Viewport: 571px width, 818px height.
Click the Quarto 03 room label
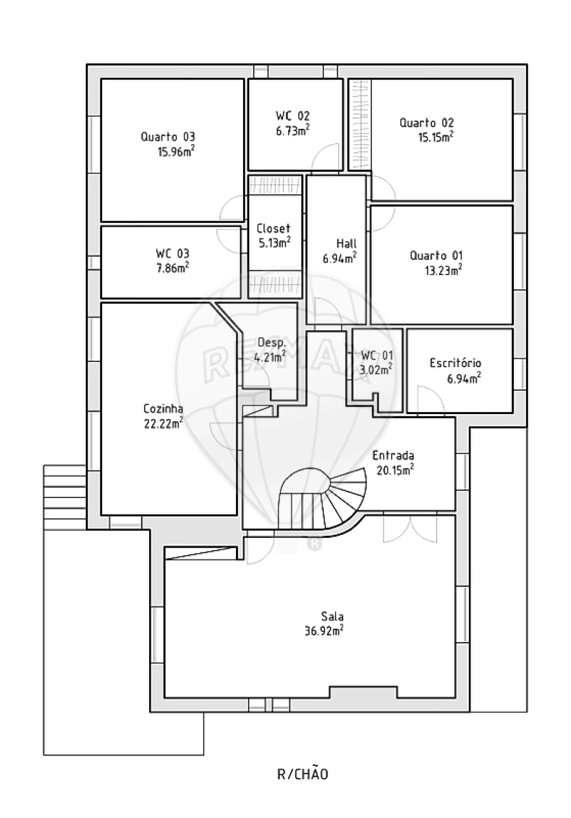[x=168, y=137]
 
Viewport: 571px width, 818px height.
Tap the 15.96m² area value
[x=176, y=151]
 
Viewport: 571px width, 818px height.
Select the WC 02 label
[x=292, y=116]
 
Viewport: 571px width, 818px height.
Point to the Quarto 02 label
[x=426, y=123]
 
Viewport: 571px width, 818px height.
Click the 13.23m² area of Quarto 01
[x=443, y=271]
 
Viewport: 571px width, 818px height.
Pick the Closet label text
[x=273, y=229]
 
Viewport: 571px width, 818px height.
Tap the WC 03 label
[x=173, y=253]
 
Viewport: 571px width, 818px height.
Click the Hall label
[x=346, y=243]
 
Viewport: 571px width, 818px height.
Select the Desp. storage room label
[x=272, y=342]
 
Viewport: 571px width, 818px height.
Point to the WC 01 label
[x=377, y=355]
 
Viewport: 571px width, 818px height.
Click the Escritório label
[x=456, y=363]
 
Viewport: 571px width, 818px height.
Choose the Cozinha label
[x=163, y=408]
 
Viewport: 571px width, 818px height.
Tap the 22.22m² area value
[x=164, y=424]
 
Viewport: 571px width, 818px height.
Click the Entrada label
[x=393, y=455]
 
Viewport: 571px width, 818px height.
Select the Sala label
[x=332, y=617]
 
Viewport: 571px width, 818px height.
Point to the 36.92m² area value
[x=324, y=631]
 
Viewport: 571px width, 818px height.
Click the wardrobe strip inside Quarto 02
[x=360, y=124]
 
